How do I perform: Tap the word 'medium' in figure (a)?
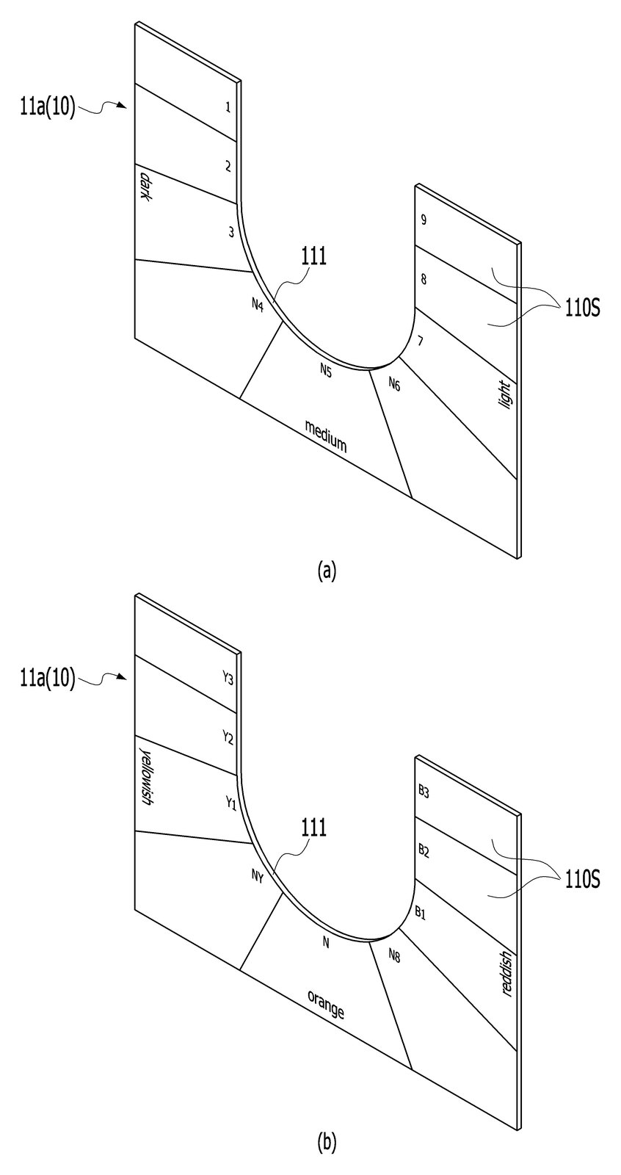coord(326,436)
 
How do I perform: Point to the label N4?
coord(257,304)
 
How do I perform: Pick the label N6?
coord(394,384)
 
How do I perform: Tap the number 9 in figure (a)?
coord(424,220)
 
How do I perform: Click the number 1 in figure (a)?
coord(228,107)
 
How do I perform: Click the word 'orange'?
coord(326,1005)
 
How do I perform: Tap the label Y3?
coord(227,679)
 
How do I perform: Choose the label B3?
coord(424,792)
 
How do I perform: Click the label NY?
coord(257,875)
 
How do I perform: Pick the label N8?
coord(394,955)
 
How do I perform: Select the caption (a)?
coord(326,570)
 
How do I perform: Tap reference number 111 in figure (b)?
coord(313,828)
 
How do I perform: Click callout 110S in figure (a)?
coord(581,309)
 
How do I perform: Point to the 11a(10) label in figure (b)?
coord(48,679)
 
